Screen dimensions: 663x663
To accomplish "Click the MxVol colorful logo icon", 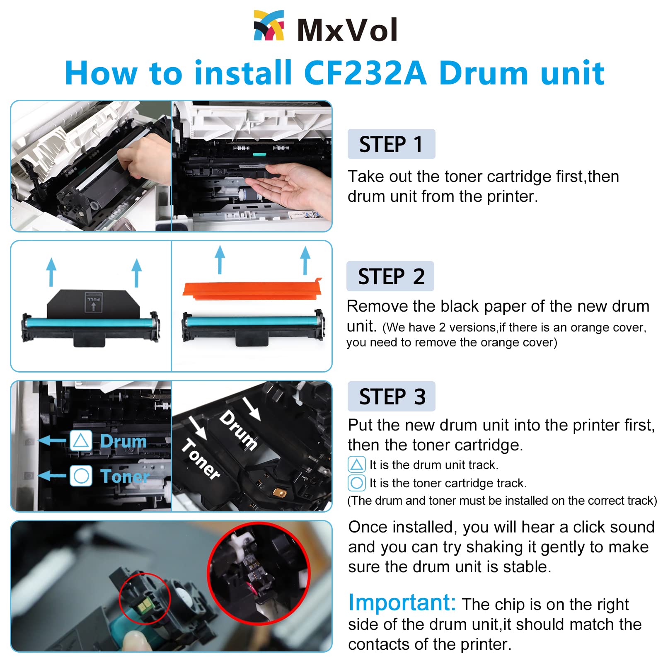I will [x=269, y=26].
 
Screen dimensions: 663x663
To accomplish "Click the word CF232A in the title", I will [x=365, y=73].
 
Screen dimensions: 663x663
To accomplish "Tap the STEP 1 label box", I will [x=391, y=144].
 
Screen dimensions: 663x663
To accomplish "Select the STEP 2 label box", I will [x=390, y=276].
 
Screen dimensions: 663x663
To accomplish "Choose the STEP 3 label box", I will [x=391, y=397].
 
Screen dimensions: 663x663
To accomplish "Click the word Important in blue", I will [x=402, y=603].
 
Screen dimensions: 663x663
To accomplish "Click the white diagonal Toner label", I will [x=201, y=459].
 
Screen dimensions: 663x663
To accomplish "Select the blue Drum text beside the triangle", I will [x=123, y=441].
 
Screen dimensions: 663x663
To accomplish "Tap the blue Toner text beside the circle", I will [x=124, y=476].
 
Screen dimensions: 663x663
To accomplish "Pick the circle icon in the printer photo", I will [x=81, y=476].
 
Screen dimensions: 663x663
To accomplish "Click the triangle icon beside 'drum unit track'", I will [x=356, y=465].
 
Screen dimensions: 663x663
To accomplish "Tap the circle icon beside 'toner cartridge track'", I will [x=356, y=483].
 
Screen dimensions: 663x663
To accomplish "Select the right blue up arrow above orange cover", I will [x=305, y=260].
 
